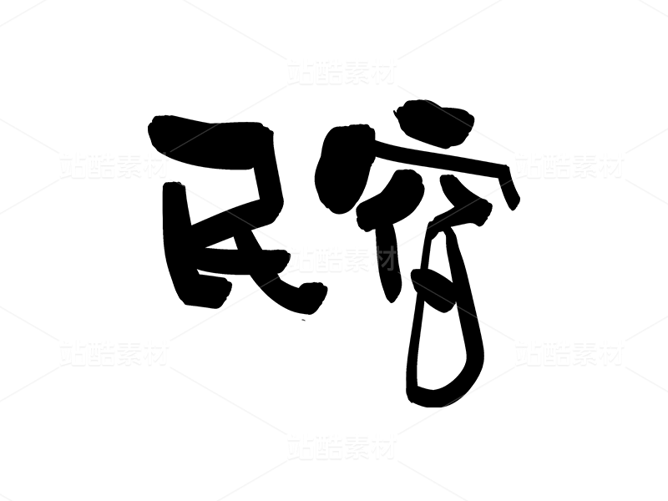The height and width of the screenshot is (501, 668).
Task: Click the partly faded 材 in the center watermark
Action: (x=383, y=259)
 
